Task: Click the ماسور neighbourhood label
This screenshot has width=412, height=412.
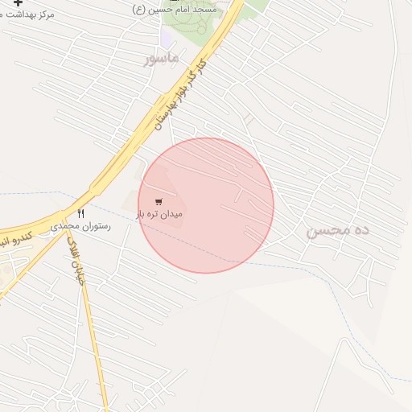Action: coord(160,59)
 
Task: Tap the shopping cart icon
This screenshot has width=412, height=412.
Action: coord(159,201)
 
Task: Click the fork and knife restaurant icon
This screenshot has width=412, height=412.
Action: coord(80,213)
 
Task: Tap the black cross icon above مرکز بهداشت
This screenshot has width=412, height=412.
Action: coord(18,3)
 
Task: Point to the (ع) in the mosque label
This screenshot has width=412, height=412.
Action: coord(139,9)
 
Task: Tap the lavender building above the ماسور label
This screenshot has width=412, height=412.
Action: coord(167,37)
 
